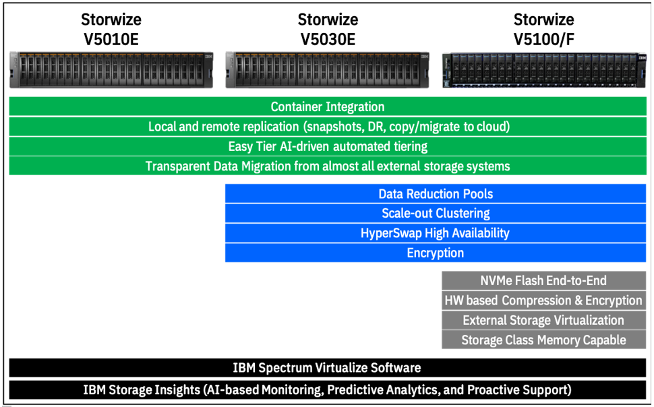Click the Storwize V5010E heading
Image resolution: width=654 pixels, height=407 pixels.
(x=111, y=29)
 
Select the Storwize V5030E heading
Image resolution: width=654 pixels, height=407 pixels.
(x=328, y=29)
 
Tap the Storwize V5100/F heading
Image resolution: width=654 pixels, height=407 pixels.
(x=544, y=29)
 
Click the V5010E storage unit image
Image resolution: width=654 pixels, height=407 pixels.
(x=111, y=70)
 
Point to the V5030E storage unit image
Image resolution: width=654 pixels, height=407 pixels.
(x=328, y=70)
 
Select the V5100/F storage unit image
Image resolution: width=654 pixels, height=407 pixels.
(x=544, y=70)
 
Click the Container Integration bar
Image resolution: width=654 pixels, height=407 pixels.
(x=328, y=106)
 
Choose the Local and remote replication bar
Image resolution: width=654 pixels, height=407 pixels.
(x=328, y=127)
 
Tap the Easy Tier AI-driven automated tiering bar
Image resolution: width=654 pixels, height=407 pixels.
(x=328, y=146)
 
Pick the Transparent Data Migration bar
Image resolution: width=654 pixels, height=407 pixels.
(x=328, y=166)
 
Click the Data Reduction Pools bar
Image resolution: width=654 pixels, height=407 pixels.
(x=436, y=193)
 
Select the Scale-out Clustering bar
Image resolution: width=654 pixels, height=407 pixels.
(x=436, y=213)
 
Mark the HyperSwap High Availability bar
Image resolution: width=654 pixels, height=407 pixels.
(x=436, y=232)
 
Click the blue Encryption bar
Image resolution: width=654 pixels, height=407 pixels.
(x=436, y=253)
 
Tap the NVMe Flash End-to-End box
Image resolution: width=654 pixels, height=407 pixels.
(x=544, y=280)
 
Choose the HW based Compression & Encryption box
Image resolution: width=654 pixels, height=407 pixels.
(x=544, y=301)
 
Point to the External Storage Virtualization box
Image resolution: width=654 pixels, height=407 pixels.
(x=544, y=320)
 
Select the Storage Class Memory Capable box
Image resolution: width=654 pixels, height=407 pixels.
(x=544, y=340)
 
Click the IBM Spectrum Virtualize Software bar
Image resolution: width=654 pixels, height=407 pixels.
(x=328, y=368)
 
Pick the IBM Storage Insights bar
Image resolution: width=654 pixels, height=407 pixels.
(x=328, y=390)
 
